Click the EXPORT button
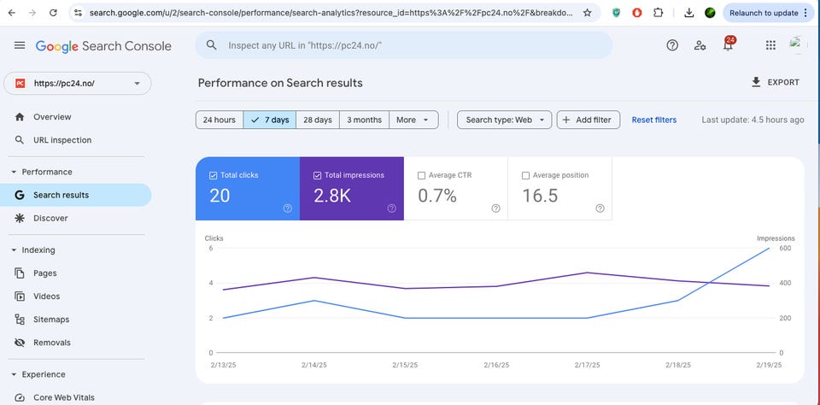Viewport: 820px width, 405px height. [x=775, y=83]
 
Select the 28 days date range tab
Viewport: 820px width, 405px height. [x=317, y=120]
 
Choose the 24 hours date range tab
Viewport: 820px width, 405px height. [x=220, y=120]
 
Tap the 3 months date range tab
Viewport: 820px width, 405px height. [x=364, y=120]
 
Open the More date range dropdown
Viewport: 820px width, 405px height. [x=413, y=120]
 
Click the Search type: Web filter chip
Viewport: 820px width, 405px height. [x=505, y=120]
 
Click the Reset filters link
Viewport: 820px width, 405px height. [x=654, y=120]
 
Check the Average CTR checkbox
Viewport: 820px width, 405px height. [x=422, y=175]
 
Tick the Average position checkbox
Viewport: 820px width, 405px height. [x=526, y=175]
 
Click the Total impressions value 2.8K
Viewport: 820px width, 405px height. [x=332, y=196]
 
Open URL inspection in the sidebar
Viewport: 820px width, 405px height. [x=62, y=140]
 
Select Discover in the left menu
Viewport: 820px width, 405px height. [x=50, y=218]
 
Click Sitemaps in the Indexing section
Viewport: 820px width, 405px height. [x=51, y=320]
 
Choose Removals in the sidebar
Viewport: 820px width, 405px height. [x=52, y=343]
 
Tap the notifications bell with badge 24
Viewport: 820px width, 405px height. [x=728, y=45]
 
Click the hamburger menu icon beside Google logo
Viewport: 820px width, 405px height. [x=20, y=45]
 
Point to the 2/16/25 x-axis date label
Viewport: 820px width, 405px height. [x=496, y=365]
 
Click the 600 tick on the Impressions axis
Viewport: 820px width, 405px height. [x=784, y=249]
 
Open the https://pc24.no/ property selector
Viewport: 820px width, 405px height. [x=78, y=84]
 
